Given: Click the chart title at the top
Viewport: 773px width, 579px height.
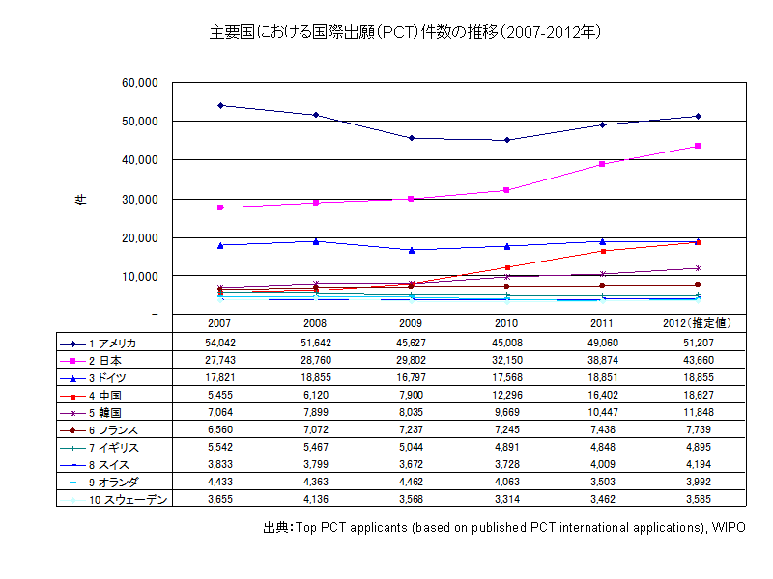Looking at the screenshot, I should (x=406, y=32).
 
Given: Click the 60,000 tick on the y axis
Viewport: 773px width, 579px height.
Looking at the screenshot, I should (x=139, y=83).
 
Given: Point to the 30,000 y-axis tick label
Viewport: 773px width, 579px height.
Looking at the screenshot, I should (x=139, y=199).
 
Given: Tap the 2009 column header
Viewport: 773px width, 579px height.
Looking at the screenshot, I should (x=412, y=323).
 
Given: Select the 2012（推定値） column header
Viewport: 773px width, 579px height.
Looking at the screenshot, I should (x=697, y=323).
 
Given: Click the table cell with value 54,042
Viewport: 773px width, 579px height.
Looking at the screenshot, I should (x=220, y=343).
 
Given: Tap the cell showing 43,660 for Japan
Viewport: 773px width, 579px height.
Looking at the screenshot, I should (x=697, y=359).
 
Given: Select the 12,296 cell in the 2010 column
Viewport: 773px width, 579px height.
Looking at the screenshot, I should (x=507, y=394).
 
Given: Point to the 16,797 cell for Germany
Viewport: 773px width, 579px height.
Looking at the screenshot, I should (x=412, y=376).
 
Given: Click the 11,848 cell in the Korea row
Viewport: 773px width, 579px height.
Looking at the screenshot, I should (x=697, y=411).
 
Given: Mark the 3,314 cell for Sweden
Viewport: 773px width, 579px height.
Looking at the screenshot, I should (x=507, y=498).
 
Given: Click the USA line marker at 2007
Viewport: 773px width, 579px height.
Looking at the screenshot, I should (x=220, y=105).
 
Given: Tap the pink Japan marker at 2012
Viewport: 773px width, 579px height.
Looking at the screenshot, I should (x=698, y=146).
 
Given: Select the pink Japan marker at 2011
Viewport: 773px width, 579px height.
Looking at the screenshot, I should (x=602, y=164).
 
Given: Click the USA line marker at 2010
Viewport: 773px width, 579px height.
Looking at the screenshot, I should (x=507, y=140).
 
